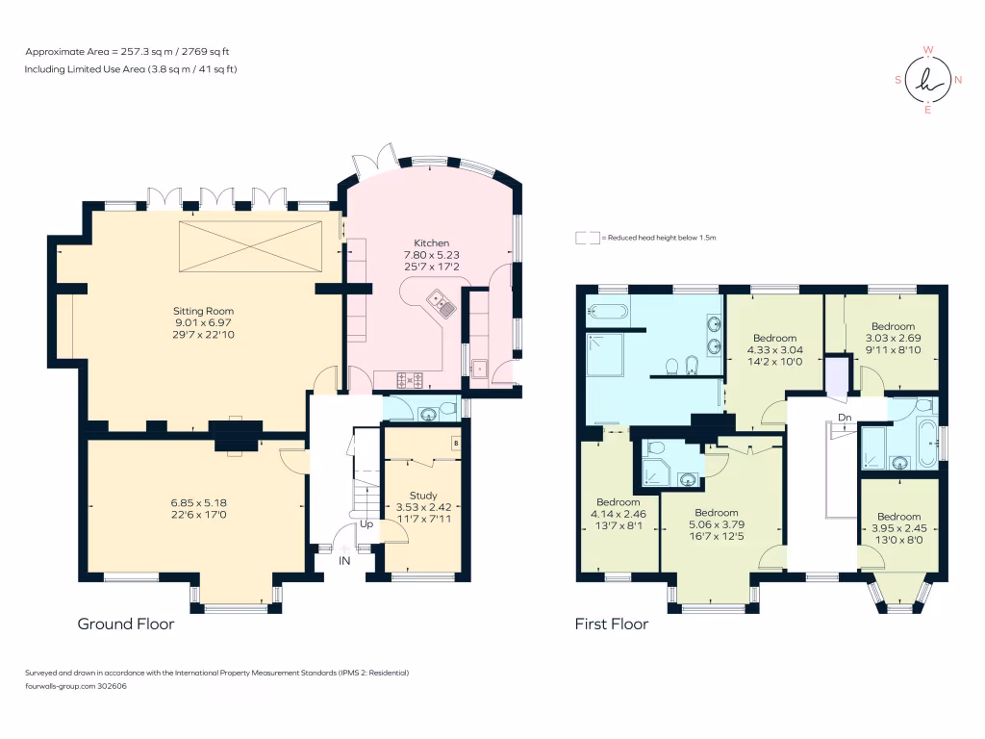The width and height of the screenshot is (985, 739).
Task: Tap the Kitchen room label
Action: coord(432,242)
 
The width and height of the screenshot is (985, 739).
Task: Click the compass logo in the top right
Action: coord(928,80)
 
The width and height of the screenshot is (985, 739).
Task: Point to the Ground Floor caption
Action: coord(126,624)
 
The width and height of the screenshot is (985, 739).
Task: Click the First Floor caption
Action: coord(612,624)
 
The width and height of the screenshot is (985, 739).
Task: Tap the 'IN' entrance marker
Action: coord(344,559)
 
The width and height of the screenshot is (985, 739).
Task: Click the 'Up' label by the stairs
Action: coord(367,525)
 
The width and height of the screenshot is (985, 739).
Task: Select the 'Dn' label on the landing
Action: coord(845,417)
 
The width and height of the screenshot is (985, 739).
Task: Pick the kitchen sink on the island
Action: coord(447,308)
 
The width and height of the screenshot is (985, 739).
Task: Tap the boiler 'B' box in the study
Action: coord(456,444)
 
